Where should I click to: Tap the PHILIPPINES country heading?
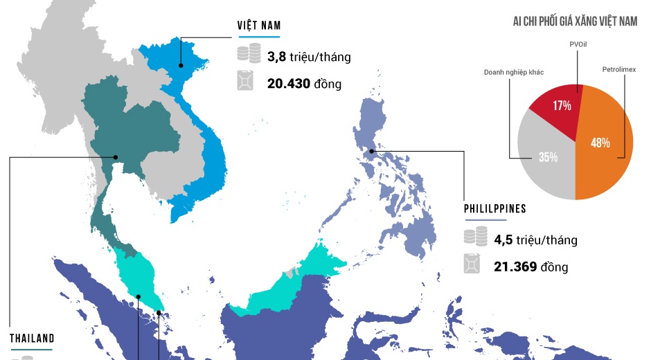(x=494, y=209)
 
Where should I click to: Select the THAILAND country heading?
(x=32, y=339)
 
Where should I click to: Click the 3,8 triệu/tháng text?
(x=309, y=57)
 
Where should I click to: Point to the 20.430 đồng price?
(x=304, y=84)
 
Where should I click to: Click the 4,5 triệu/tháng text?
(x=535, y=240)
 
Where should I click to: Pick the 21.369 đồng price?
(x=530, y=267)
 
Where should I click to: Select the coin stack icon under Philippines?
(x=474, y=237)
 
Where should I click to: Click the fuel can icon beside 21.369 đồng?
(x=474, y=264)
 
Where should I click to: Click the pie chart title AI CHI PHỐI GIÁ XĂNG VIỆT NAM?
(x=575, y=22)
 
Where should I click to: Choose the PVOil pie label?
(x=578, y=44)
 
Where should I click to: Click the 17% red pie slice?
(x=560, y=104)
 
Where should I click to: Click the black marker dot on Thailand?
(x=116, y=157)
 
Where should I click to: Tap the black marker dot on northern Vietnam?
(x=180, y=66)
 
